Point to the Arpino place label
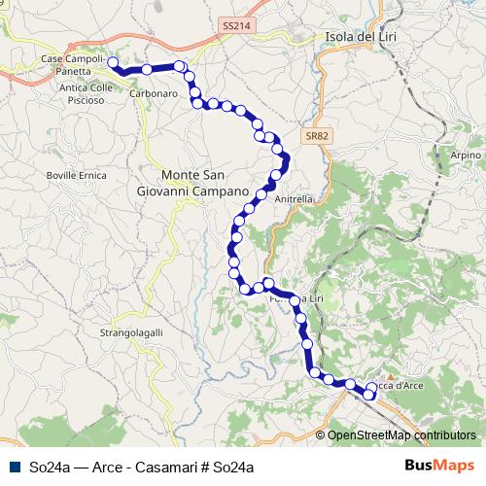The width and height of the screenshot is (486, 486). (x=466, y=156)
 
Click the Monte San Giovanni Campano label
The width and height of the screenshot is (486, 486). (x=193, y=184)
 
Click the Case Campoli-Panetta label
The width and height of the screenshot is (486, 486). (x=72, y=65)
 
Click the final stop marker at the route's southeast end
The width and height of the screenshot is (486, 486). (x=369, y=394)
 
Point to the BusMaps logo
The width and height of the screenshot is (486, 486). (x=439, y=467)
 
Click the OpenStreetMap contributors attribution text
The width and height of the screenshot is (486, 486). (x=400, y=435)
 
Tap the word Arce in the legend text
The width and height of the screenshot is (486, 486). (x=109, y=467)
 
